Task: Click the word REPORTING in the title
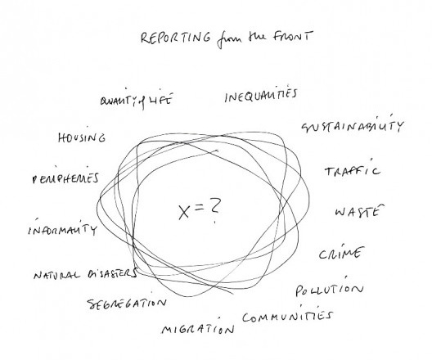point(176,38)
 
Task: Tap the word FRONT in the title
point(294,36)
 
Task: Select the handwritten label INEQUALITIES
point(261,94)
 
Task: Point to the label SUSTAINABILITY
point(353,126)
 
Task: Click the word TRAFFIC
point(353,170)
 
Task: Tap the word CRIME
point(340,253)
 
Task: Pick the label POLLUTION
point(329,289)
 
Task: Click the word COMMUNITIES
point(288,316)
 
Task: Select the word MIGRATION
point(198,328)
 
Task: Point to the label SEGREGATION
point(127,303)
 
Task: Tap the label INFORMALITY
point(62,228)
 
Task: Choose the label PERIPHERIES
point(65,178)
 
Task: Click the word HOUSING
point(82,137)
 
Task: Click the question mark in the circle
point(214,209)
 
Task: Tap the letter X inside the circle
point(184,212)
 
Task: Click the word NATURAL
point(56,274)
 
